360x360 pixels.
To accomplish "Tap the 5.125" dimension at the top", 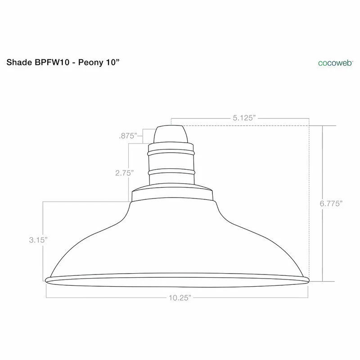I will [x=244, y=118].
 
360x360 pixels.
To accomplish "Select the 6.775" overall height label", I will [x=331, y=203].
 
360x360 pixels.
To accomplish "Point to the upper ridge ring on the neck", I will [x=171, y=152].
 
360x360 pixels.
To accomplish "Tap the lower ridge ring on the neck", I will [x=171, y=171].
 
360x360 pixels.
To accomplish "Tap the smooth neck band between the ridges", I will [x=171, y=162].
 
